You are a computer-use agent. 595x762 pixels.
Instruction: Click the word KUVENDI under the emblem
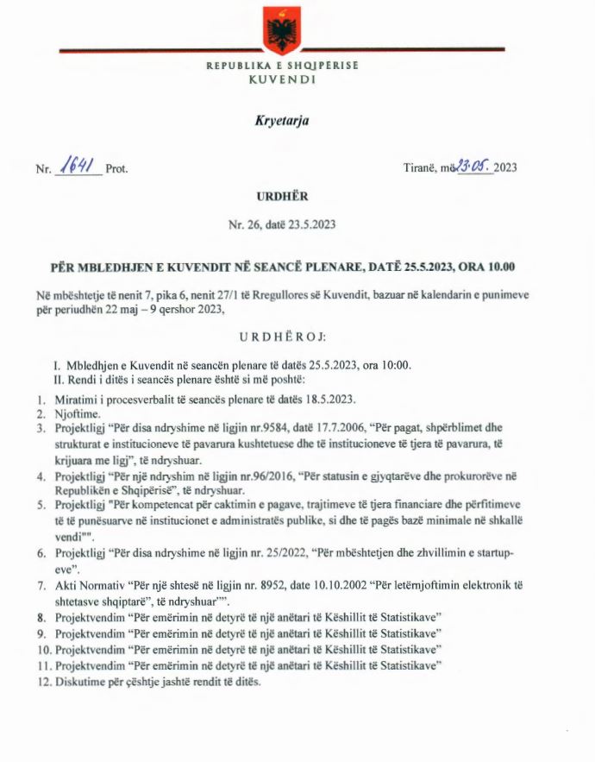tap(282, 79)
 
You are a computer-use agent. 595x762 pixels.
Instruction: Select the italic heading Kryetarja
tap(282, 122)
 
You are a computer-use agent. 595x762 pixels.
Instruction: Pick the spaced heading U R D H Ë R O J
tap(282, 334)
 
